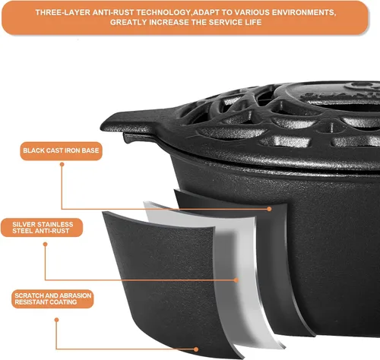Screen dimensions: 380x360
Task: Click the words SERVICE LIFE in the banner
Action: coord(235,22)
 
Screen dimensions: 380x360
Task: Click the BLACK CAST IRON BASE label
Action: coord(61,151)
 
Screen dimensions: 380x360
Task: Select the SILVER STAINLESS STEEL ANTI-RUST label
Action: coord(42,228)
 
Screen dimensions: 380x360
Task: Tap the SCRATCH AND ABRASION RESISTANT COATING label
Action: coord(52,299)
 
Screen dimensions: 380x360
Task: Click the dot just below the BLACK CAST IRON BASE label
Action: coord(62,165)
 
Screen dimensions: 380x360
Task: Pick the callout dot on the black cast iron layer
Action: coord(269,209)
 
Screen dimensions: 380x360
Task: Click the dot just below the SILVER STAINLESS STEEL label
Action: coord(46,245)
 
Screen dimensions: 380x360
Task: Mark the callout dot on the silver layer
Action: coord(236,280)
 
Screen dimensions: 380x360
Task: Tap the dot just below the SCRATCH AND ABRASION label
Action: coord(56,320)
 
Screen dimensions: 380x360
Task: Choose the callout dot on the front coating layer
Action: coord(196,349)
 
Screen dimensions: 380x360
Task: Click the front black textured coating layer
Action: coord(162,279)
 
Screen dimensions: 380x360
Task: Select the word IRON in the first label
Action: coord(73,150)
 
